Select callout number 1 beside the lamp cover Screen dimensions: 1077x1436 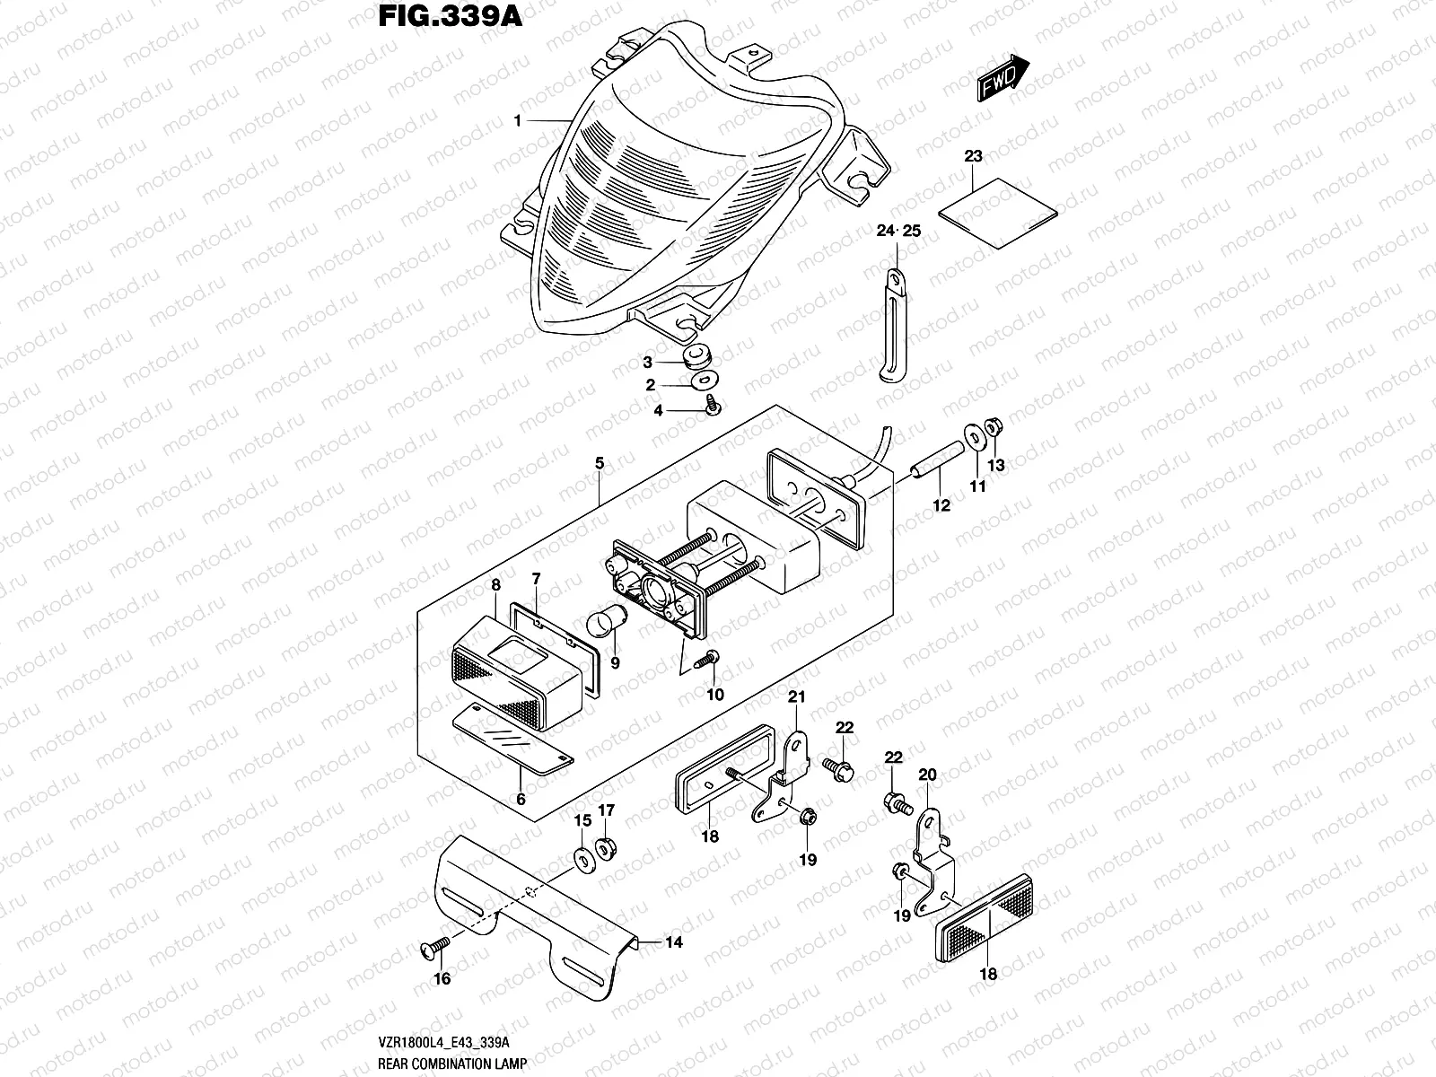tap(518, 121)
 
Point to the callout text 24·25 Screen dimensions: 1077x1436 tap(898, 232)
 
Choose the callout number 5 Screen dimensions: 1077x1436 tap(600, 463)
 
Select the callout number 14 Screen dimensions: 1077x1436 tap(674, 941)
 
